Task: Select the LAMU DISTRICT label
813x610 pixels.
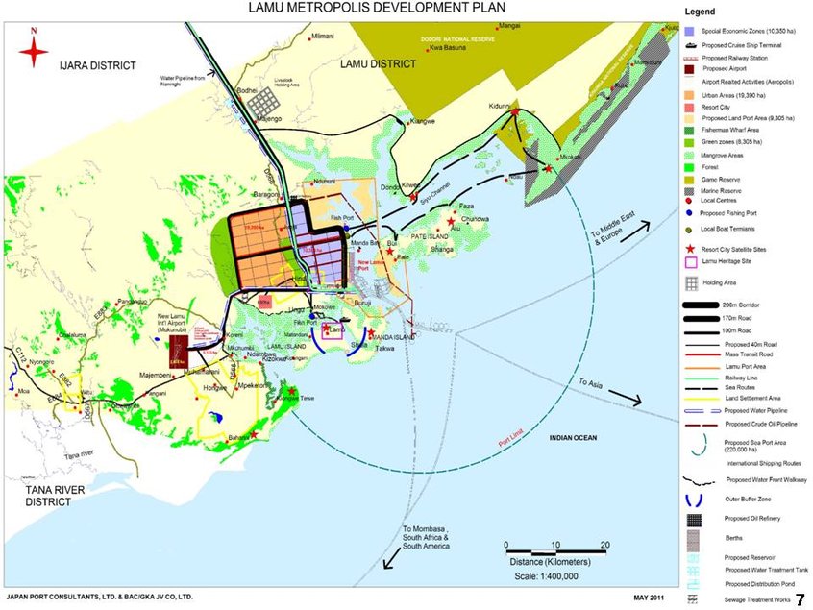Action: tap(379, 63)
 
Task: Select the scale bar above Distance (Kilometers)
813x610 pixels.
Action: tap(554, 546)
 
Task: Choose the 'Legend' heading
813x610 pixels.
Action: tap(699, 12)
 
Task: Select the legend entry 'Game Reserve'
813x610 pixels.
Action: tap(724, 179)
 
